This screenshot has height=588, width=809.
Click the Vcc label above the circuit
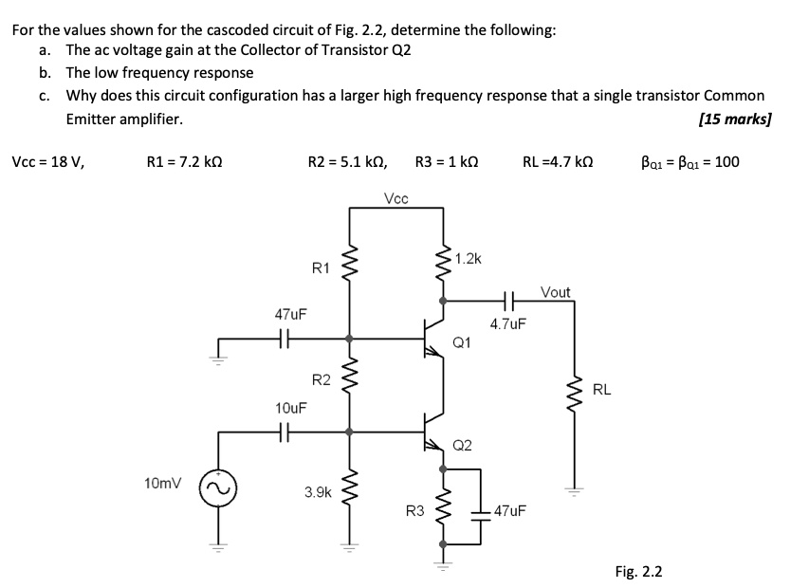click(x=397, y=198)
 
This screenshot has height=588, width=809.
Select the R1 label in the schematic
click(x=322, y=268)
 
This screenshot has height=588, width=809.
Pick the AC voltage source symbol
click(x=212, y=487)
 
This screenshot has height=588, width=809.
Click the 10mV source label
click(x=162, y=484)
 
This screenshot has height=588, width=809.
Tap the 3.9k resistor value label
click(x=318, y=492)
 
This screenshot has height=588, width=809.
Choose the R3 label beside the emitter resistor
click(x=414, y=513)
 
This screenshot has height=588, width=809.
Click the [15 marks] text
click(x=734, y=119)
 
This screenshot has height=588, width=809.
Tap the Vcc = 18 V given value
click(x=47, y=161)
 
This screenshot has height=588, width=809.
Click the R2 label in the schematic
click(x=322, y=380)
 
